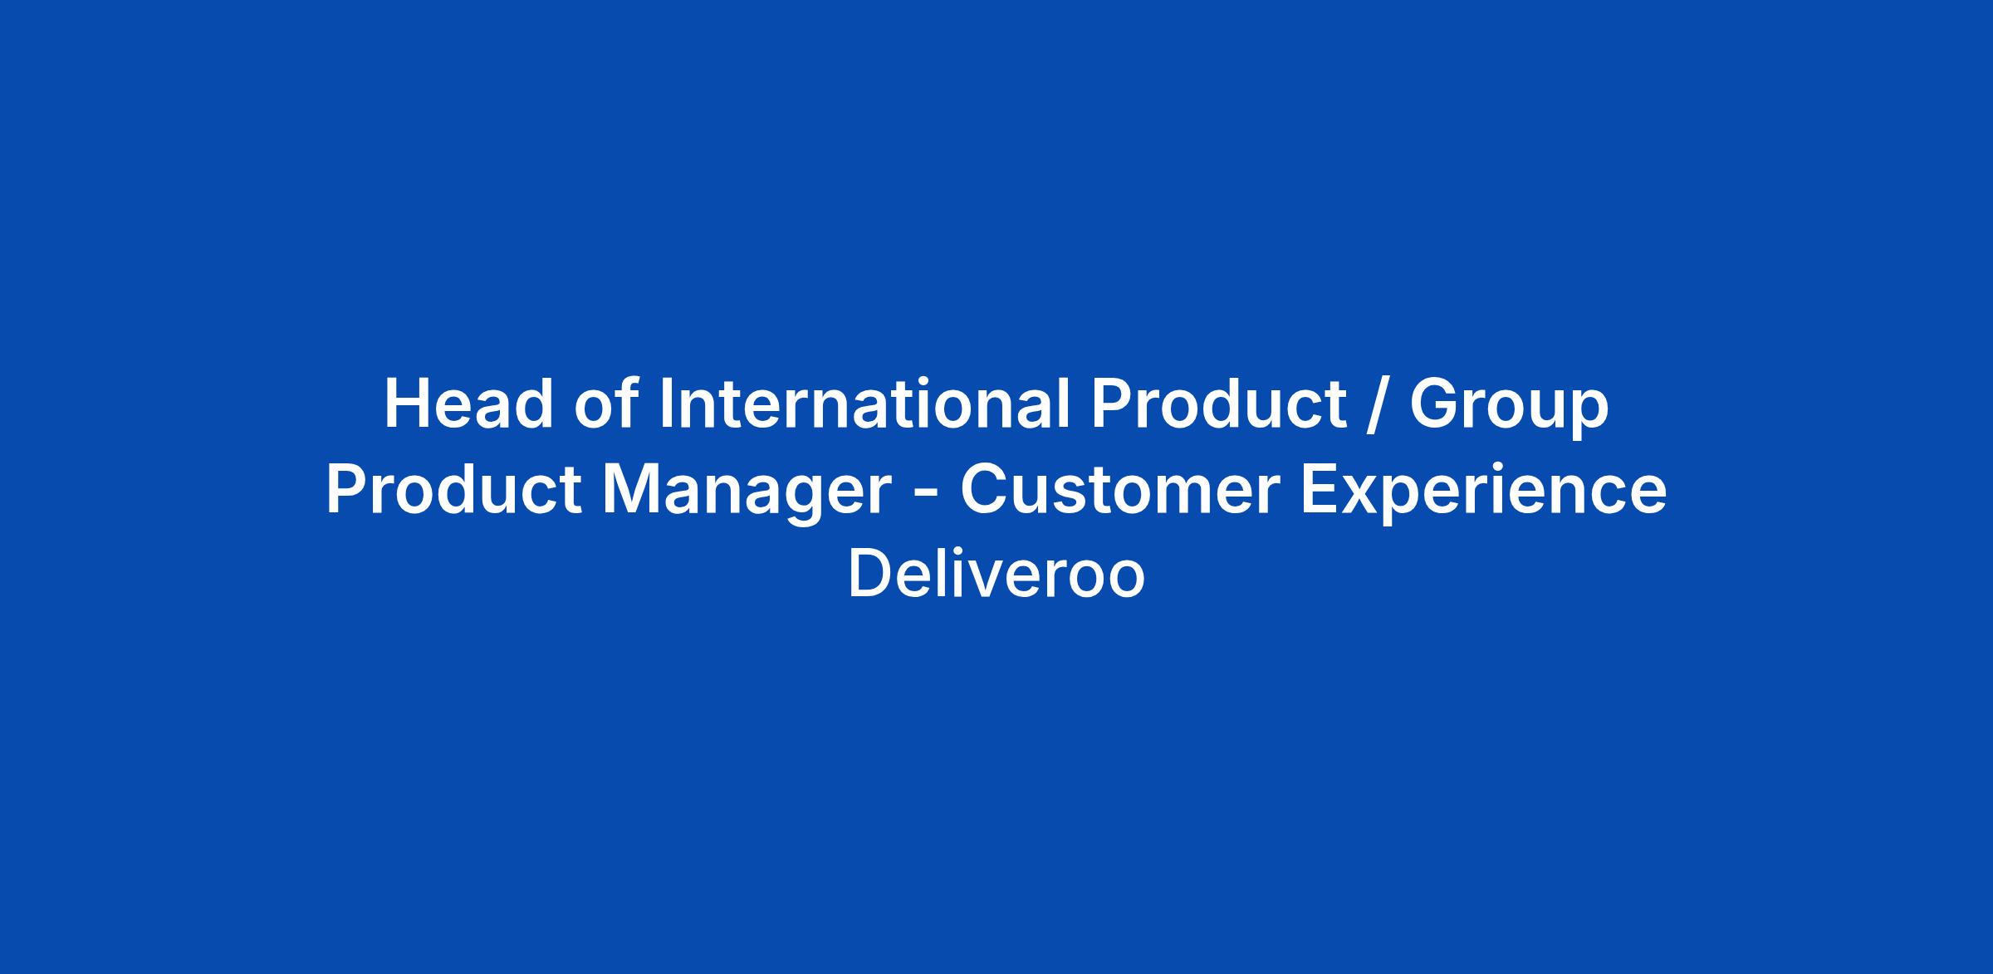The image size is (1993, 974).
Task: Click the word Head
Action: click(x=468, y=404)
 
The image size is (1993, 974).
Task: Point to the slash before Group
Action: click(x=1378, y=405)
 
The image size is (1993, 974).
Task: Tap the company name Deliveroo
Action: click(x=996, y=575)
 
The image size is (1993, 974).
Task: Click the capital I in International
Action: click(x=666, y=404)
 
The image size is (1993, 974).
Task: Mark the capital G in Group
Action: click(x=1435, y=404)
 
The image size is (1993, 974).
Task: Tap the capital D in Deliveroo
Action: click(x=869, y=575)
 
